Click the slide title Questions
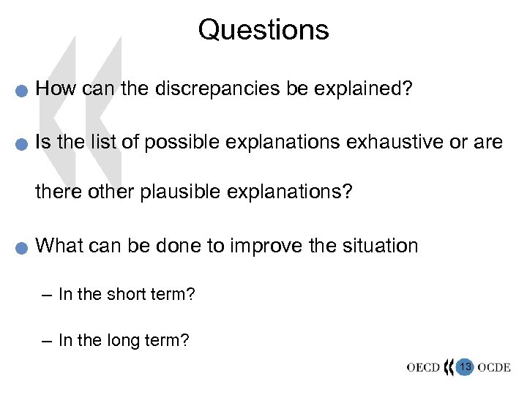263,30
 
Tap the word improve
269,246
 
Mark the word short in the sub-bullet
129,295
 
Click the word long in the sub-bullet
127,339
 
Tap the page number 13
465,365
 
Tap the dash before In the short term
48,296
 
